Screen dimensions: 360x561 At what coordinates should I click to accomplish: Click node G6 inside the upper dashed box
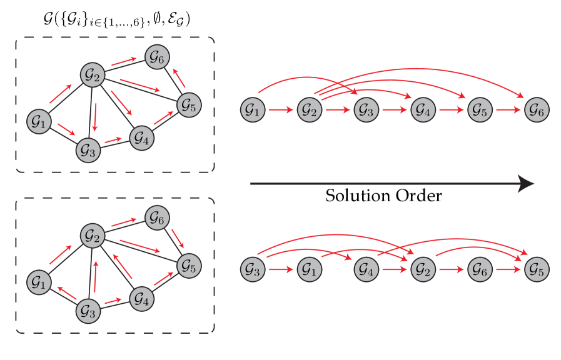click(157, 57)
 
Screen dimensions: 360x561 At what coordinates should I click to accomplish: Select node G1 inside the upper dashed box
click(39, 122)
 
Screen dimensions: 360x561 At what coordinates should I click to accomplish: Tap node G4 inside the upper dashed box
click(141, 137)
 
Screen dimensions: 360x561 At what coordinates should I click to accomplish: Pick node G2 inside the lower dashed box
click(93, 236)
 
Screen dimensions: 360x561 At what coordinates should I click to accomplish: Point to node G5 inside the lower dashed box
click(189, 266)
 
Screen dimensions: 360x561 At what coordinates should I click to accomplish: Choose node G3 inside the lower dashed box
click(88, 311)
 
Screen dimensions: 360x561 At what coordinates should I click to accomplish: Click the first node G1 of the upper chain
click(253, 110)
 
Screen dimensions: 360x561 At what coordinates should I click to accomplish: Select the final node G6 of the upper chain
click(536, 110)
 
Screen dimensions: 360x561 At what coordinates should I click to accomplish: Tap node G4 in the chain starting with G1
click(423, 110)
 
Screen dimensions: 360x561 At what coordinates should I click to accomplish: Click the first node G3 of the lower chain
click(253, 270)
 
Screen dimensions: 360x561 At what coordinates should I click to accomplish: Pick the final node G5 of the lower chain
click(536, 270)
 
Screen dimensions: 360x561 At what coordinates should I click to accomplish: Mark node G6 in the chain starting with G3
click(480, 270)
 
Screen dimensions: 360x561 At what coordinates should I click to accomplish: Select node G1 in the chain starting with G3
click(309, 270)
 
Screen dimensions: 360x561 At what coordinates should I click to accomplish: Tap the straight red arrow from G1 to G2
click(281, 110)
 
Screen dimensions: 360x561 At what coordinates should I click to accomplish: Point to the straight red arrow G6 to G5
click(508, 270)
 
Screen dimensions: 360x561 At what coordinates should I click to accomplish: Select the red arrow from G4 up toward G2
click(123, 266)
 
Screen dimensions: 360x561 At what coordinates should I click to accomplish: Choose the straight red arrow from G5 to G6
click(508, 110)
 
